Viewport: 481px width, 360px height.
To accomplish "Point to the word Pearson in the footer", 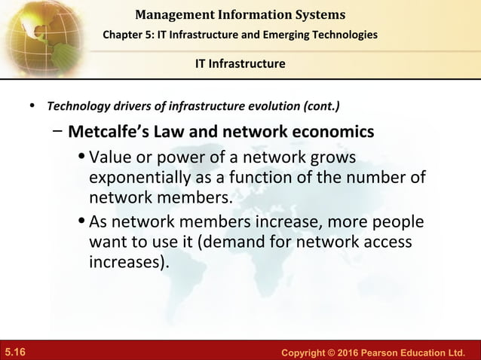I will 381,352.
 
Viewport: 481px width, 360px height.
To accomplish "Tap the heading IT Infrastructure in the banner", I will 240,63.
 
